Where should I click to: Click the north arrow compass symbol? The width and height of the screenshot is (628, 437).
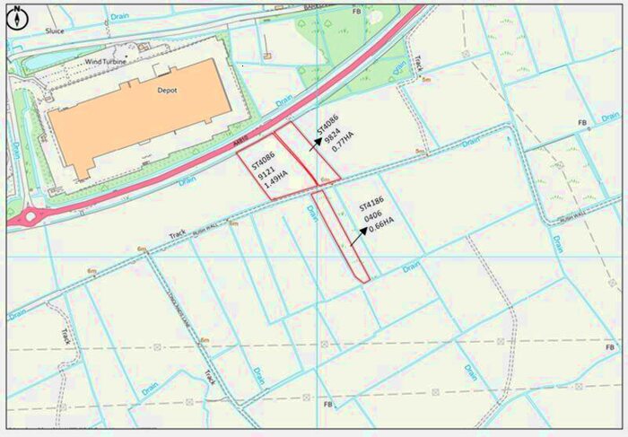tap(17, 16)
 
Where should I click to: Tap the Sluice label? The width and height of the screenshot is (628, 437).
tap(54, 31)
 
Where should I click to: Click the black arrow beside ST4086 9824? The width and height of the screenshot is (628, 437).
tap(317, 143)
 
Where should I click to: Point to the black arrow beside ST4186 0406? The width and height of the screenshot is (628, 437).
tap(358, 236)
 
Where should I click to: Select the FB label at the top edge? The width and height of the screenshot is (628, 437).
tap(356, 12)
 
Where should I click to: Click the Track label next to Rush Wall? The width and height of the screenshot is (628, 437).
tap(177, 234)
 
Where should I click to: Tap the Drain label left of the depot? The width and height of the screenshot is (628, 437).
tap(15, 150)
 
